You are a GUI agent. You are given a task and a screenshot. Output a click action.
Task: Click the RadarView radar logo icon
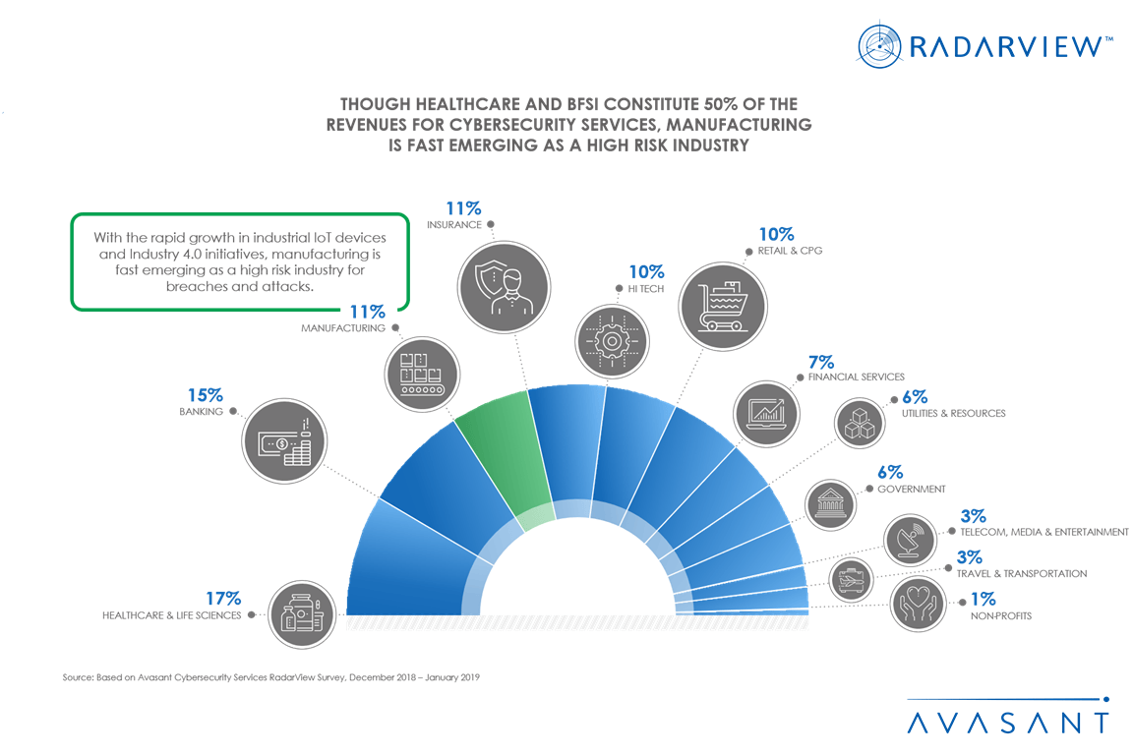tap(880, 45)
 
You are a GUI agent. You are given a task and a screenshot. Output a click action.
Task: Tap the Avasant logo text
tap(1007, 722)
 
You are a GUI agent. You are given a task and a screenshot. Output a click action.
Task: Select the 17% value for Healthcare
tap(223, 598)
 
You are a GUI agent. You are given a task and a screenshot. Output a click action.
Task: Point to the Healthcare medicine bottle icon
tap(301, 612)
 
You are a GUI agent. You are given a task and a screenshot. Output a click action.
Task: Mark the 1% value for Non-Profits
tap(983, 599)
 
